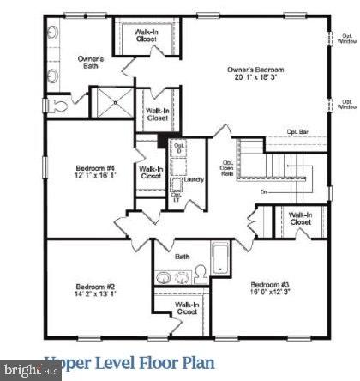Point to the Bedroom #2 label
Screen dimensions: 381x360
[94, 286]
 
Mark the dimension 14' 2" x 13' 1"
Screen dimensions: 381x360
[94, 294]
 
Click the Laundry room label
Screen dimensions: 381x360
[193, 180]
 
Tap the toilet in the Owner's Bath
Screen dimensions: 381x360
[57, 106]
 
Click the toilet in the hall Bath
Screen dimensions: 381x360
[201, 273]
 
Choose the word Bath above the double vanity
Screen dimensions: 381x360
[182, 256]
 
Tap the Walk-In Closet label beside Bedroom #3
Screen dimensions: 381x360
[300, 218]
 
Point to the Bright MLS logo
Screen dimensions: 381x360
[30, 371]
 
